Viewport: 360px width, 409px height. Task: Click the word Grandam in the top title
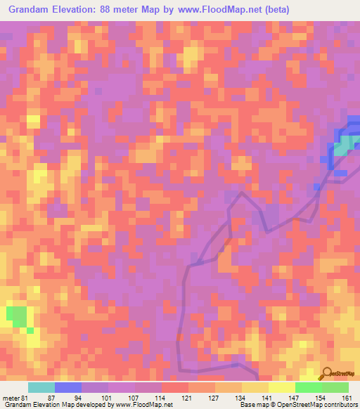tap(32, 10)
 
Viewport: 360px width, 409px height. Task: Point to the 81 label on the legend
tap(27, 398)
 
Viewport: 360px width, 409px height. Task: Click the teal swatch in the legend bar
tap(41, 387)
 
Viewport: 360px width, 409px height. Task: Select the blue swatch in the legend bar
tap(68, 387)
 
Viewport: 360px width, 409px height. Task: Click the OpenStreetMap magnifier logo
tap(327, 373)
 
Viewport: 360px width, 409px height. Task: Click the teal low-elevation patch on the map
tap(342, 148)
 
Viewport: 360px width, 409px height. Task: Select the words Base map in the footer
tap(254, 405)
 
